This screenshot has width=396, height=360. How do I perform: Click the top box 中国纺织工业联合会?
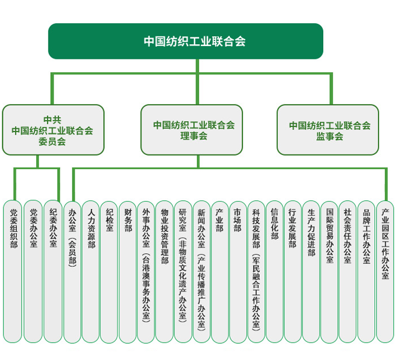pyautogui.click(x=185, y=41)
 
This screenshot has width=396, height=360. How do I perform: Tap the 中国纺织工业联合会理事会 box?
pyautogui.click(x=192, y=130)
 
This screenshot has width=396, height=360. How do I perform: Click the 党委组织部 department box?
pyautogui.click(x=13, y=271)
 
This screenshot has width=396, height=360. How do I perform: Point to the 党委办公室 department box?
pyautogui.click(x=33, y=271)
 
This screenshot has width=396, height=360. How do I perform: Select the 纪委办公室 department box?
pyautogui.click(x=53, y=271)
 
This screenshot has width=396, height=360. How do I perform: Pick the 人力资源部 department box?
pyautogui.click(x=91, y=271)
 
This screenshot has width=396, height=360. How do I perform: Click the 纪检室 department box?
pyautogui.click(x=109, y=271)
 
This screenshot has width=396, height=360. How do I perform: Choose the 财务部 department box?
pyautogui.click(x=128, y=271)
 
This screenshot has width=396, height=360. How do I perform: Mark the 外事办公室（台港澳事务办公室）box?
pyautogui.click(x=146, y=271)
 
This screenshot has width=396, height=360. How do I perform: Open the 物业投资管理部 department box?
pyautogui.click(x=164, y=271)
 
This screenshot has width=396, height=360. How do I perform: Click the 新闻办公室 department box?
pyautogui.click(x=201, y=271)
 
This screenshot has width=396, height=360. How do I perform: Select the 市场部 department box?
pyautogui.click(x=238, y=271)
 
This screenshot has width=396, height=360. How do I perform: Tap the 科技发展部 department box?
pyautogui.click(x=256, y=271)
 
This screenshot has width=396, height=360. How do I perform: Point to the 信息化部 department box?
pyautogui.click(x=274, y=271)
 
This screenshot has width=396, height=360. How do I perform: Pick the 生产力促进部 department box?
pyautogui.click(x=311, y=271)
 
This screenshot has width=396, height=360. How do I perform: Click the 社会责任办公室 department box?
pyautogui.click(x=348, y=271)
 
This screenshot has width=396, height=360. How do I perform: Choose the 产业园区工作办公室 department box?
pyautogui.click(x=384, y=271)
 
